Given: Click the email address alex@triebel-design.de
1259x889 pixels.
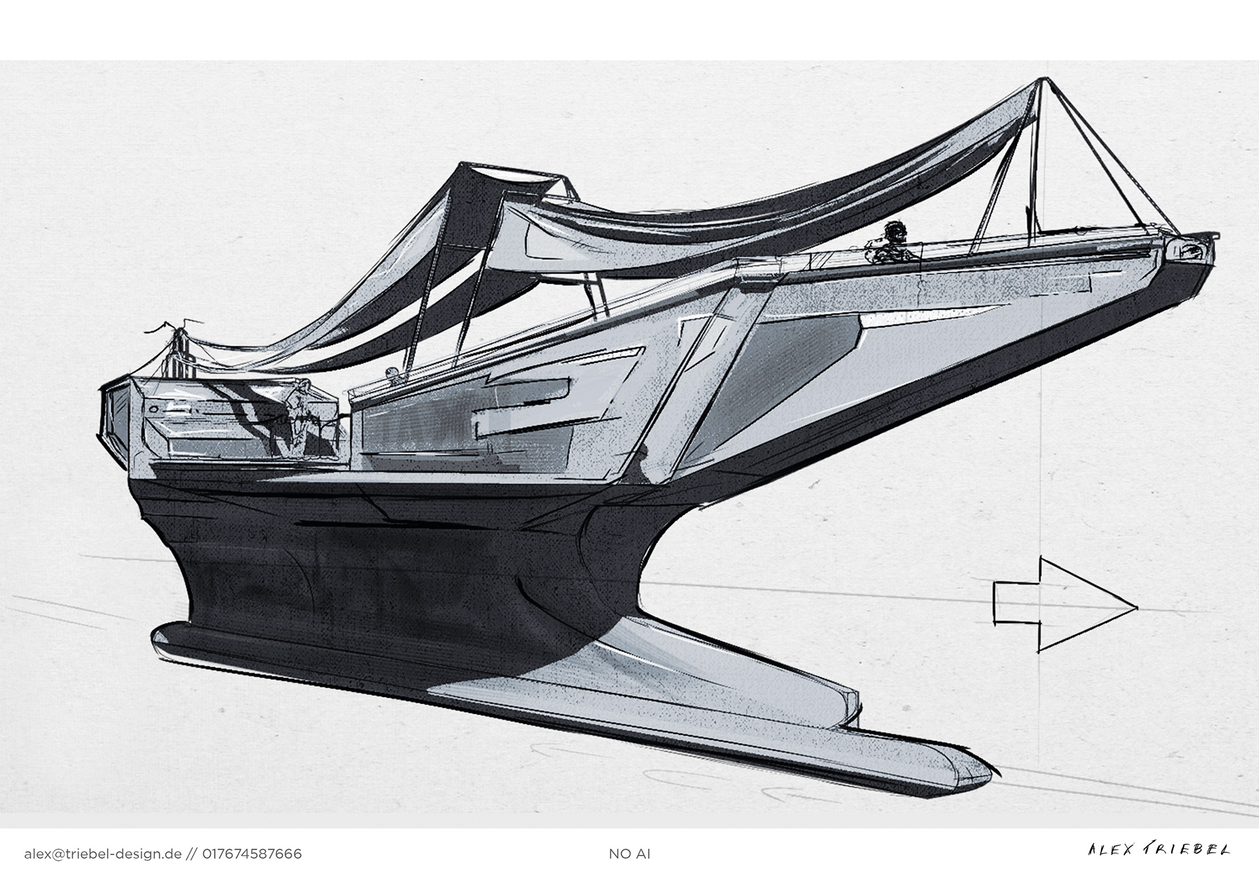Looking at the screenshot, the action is (x=102, y=854).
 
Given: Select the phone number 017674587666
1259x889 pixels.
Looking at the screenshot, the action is (x=252, y=854).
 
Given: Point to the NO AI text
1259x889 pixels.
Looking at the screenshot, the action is (x=629, y=854).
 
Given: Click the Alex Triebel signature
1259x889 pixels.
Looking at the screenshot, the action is (x=1159, y=850).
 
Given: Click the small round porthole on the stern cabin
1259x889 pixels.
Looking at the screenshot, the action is (x=152, y=407).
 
